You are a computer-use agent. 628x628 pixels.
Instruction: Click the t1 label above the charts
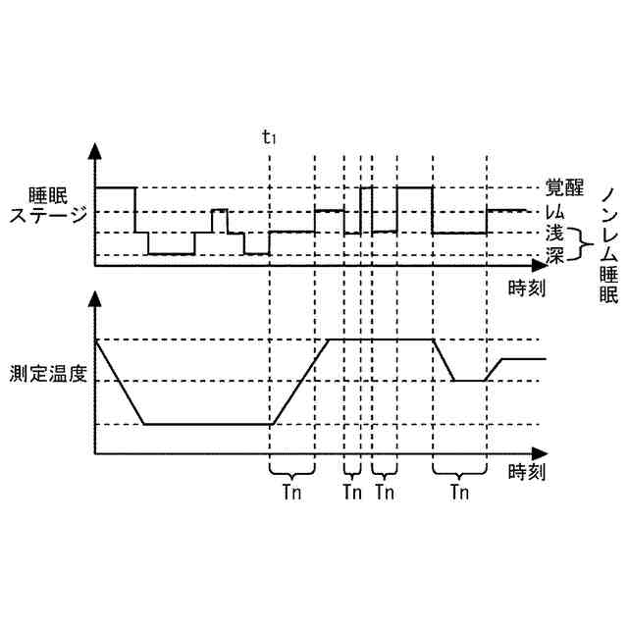(269, 136)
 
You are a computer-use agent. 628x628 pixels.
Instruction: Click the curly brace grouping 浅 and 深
(579, 245)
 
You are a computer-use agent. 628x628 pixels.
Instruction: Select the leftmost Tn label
(290, 492)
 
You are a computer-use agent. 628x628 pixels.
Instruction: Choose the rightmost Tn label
(458, 492)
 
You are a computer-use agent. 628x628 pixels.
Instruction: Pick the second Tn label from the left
(352, 492)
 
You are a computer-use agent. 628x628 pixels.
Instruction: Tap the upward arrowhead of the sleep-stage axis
(95, 150)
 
